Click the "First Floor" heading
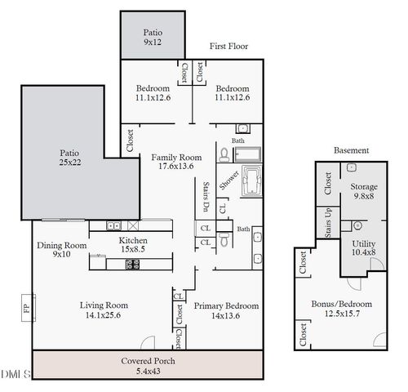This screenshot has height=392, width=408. [228, 47]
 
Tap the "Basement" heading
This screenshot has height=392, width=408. [352, 151]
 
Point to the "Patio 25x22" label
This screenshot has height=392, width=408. [69, 158]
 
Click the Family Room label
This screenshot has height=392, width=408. [175, 163]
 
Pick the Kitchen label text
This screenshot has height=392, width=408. [132, 245]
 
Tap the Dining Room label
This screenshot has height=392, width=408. [62, 250]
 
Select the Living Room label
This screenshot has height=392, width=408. [104, 310]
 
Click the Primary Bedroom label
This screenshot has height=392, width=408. [226, 310]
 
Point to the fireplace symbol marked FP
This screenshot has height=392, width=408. [26, 310]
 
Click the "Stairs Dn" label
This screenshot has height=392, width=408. [206, 197]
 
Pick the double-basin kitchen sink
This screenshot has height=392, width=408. [114, 225]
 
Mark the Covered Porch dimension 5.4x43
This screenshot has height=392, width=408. [148, 370]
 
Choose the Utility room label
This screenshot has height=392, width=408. [363, 248]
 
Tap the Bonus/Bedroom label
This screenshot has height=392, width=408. [342, 309]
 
